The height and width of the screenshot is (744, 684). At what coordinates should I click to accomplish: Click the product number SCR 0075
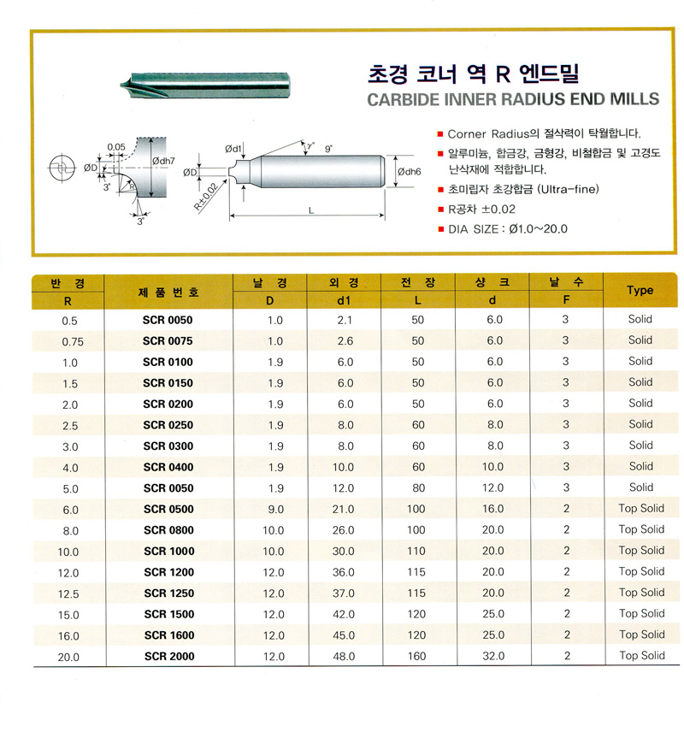[x=168, y=340]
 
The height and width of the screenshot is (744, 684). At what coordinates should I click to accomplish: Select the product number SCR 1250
[x=168, y=593]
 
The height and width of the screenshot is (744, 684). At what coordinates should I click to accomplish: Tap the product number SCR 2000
[x=168, y=657]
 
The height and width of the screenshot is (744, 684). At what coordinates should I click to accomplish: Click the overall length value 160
[x=418, y=657]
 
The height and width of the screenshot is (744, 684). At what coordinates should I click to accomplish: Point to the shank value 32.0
[x=495, y=657]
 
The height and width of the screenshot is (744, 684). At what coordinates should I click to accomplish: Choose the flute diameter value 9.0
[x=274, y=510]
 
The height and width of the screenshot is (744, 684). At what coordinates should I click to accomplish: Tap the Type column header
[x=640, y=291]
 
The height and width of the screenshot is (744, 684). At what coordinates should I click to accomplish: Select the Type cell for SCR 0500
[x=641, y=509]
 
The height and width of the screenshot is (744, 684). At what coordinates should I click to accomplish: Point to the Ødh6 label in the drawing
[x=410, y=172]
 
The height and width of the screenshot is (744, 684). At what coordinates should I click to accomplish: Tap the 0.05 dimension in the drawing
[x=116, y=146]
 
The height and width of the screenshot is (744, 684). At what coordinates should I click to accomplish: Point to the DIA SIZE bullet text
[x=508, y=228]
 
